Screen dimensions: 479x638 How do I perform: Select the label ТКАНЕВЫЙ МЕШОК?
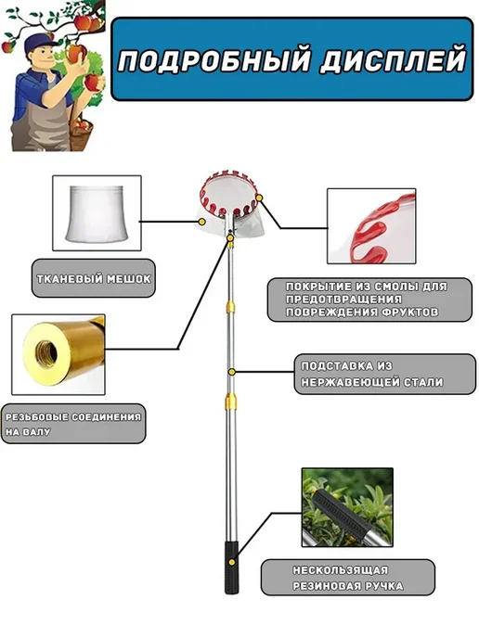coord(94,279)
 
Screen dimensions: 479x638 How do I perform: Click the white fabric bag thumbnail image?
coord(97,213)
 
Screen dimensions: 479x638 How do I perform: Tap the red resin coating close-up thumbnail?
coord(371,226)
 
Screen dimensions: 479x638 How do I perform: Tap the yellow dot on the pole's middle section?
coord(231,372)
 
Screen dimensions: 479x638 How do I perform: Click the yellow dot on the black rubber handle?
coord(232,562)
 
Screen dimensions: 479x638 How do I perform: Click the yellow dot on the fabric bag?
coord(201,222)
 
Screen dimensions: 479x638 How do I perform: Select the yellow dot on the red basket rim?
coord(260,198)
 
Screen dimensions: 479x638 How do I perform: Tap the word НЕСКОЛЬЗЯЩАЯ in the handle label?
coord(340,570)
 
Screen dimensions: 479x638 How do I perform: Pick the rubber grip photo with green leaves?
coord(347,507)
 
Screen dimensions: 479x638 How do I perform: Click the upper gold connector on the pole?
coord(230,307)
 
